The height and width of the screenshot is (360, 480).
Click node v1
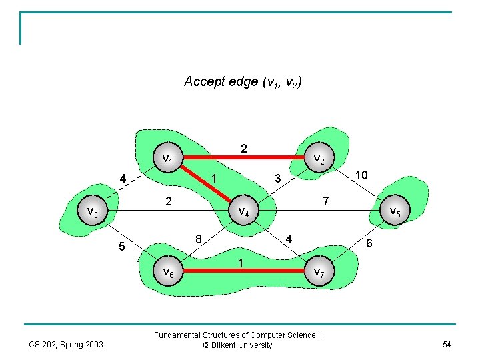coord(169,159)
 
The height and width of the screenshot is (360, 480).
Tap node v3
coord(94,212)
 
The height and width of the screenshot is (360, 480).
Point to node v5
coord(394,212)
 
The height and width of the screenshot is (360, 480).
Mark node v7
coord(319,272)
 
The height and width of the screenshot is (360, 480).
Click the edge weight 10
coord(361,175)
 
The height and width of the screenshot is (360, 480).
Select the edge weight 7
coord(325,201)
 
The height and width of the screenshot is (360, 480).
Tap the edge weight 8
coord(198,239)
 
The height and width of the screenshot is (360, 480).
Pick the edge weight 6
coord(370,245)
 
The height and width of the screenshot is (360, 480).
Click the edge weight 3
coord(278,178)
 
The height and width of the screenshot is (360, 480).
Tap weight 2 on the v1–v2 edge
coord(244,148)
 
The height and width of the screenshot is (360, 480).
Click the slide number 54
coord(446,343)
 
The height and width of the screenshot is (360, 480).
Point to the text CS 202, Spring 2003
coord(65,344)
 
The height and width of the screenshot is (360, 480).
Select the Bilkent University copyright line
coord(237,345)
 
